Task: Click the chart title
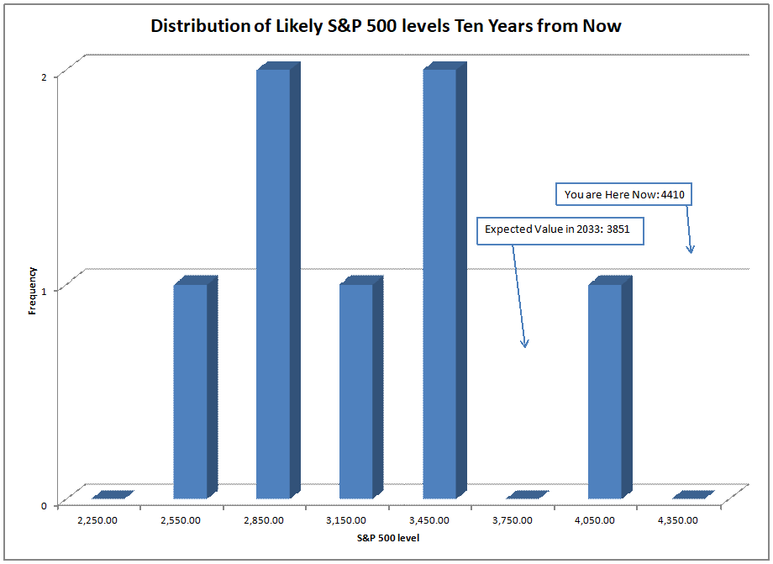(386, 26)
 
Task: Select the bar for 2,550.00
(190, 392)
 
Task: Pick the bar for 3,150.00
(356, 392)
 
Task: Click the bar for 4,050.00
(605, 392)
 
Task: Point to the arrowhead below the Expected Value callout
(524, 344)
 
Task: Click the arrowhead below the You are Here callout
(691, 249)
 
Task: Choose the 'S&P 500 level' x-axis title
(387, 538)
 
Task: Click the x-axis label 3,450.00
(429, 520)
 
